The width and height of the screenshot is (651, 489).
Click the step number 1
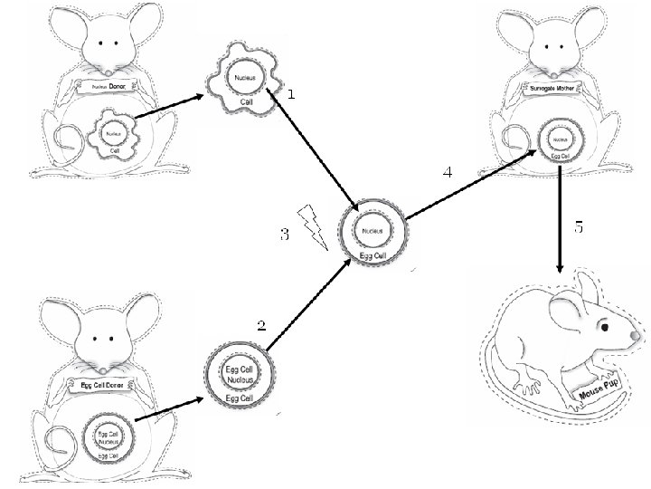[x=290, y=94]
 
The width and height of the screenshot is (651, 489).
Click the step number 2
[x=261, y=327]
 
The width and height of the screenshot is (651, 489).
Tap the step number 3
[x=284, y=235]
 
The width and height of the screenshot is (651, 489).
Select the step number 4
[x=447, y=172]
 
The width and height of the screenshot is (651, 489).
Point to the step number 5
[x=579, y=228]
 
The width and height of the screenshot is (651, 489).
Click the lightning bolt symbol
[x=314, y=227]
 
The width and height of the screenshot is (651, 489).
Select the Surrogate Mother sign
[x=553, y=89]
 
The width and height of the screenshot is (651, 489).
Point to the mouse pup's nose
[x=637, y=337]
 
